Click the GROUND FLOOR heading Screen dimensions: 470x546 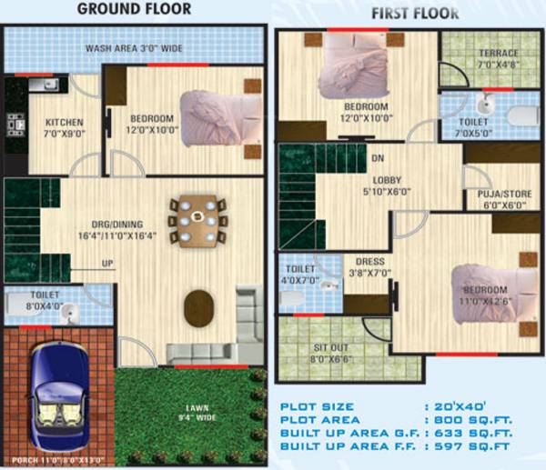pos(134,9)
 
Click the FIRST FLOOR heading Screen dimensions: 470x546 pos(415,14)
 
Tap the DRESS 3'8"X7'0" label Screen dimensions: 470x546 pos(368,265)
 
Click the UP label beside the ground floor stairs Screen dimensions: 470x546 pos(106,264)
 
